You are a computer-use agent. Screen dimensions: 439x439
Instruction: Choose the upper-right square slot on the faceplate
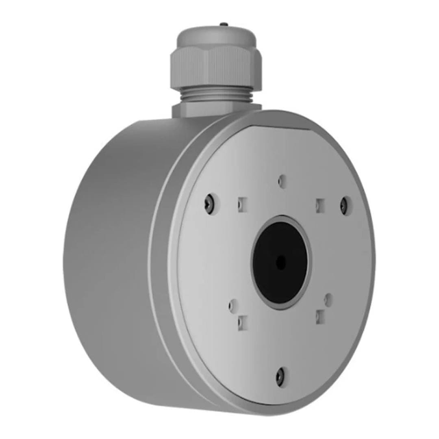pos(320,204)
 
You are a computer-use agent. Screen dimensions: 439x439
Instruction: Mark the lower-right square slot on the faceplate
pos(320,316)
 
